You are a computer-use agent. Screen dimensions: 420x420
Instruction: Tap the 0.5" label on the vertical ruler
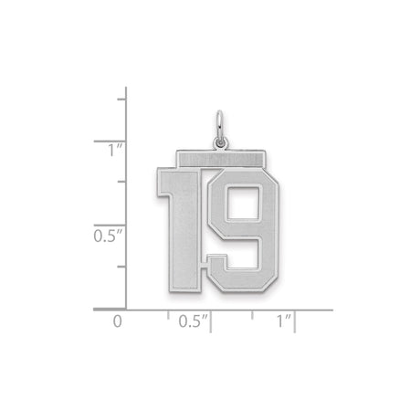coord(102,236)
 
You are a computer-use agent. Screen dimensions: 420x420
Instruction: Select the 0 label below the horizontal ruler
coord(116,321)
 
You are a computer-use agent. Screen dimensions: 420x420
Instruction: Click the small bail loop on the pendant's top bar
coord(219,142)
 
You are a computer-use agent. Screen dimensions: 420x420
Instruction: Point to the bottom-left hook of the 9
coord(211,266)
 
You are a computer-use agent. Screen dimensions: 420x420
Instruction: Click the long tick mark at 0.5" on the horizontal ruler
coord(211,320)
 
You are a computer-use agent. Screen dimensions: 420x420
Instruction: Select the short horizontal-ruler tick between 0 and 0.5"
coord(169,314)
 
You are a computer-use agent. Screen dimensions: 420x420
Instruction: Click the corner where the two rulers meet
coord(126,310)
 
